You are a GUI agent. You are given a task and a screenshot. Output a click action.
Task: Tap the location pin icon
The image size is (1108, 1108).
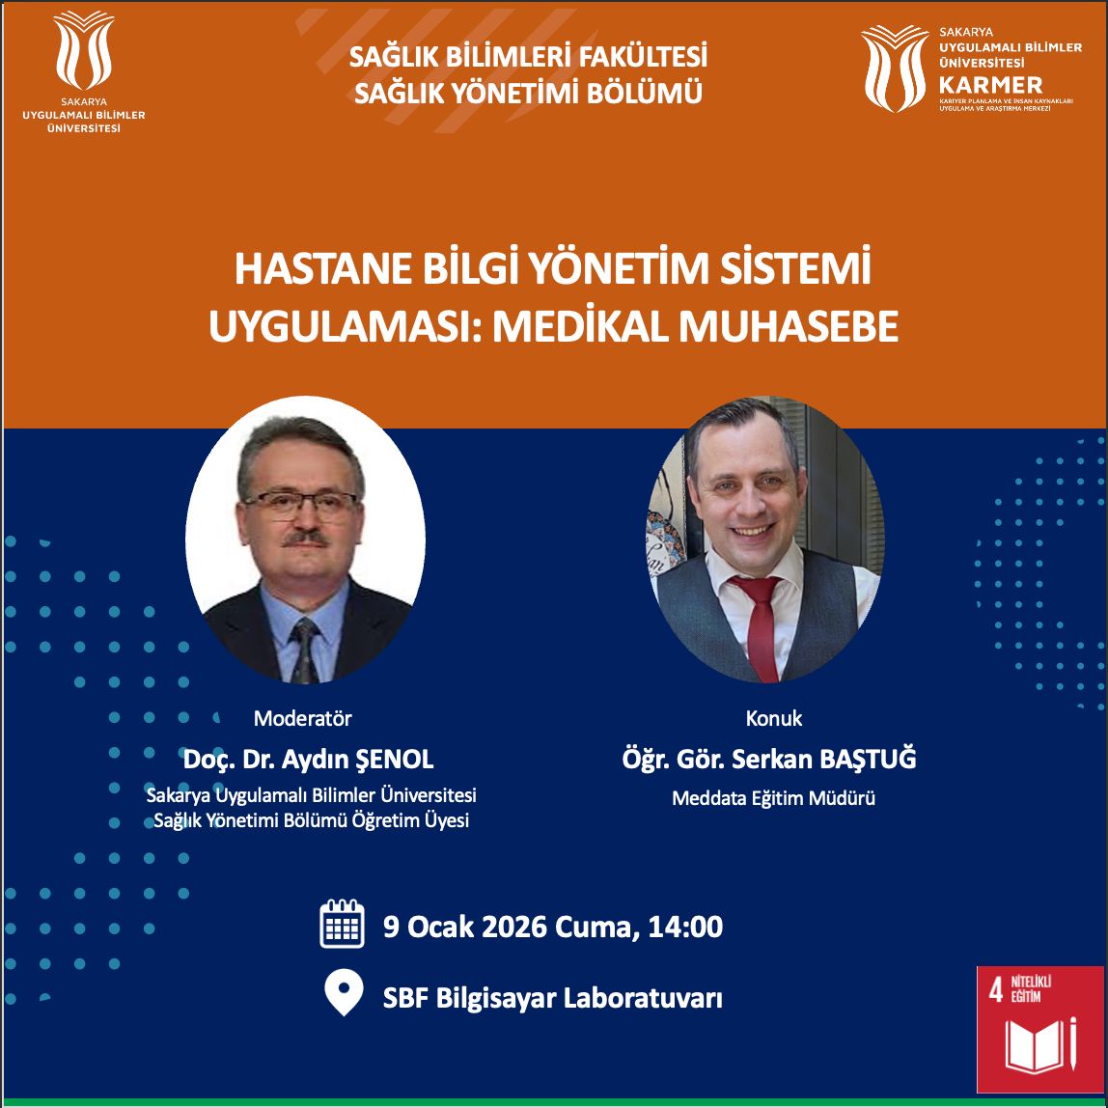(x=345, y=992)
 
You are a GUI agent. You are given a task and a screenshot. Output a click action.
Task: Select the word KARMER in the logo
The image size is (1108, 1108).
(x=990, y=86)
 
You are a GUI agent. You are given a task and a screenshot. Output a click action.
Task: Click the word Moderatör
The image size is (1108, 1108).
(x=302, y=718)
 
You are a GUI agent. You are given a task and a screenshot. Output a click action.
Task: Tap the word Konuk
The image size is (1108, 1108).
(x=774, y=718)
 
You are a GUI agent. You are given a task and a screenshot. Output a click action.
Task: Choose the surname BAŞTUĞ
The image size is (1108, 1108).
(x=868, y=758)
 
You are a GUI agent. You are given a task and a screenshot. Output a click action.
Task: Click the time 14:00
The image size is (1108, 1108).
(x=684, y=927)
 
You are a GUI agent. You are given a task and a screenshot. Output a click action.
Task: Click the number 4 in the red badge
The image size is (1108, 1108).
(x=996, y=990)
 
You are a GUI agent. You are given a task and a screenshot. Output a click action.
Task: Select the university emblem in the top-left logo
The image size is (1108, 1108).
(x=84, y=49)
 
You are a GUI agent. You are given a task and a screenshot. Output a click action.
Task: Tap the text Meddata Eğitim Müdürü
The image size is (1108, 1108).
(x=773, y=798)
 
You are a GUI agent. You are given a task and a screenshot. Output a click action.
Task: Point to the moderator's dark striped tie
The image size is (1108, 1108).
(x=305, y=650)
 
